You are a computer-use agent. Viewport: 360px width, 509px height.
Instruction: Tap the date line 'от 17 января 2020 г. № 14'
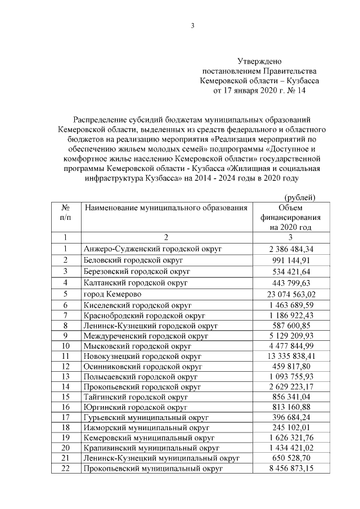[259, 91]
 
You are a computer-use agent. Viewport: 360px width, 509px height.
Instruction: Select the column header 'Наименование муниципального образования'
[166, 208]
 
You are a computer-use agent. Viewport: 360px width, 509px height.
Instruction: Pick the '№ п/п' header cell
[65, 212]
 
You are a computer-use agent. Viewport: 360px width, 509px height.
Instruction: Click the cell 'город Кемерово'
[112, 294]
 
